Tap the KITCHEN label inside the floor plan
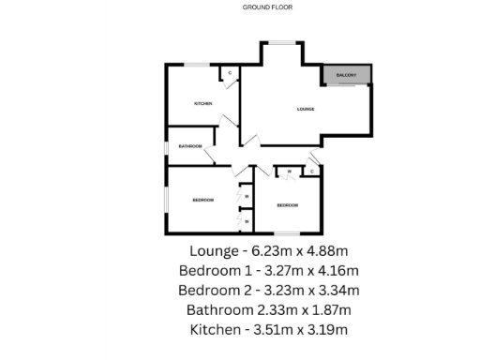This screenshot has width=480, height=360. (202, 103)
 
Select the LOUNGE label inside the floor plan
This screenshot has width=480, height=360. (305, 110)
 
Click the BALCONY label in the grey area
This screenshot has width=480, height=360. (348, 76)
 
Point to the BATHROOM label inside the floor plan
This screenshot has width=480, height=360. (191, 146)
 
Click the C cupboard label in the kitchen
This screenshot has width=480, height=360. (230, 72)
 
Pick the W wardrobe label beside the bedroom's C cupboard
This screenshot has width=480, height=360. (290, 172)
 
